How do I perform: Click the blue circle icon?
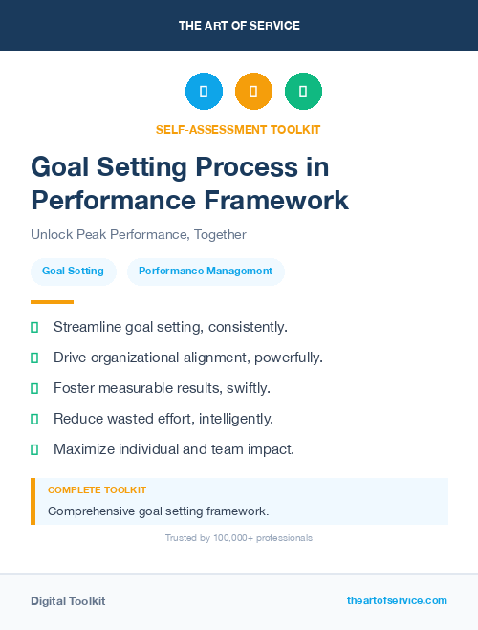tap(204, 92)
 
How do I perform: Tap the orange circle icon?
tap(253, 92)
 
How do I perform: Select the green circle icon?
tap(303, 92)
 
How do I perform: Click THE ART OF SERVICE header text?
tap(239, 26)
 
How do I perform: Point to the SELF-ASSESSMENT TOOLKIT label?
tap(238, 130)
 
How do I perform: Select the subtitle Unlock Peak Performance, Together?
tap(138, 234)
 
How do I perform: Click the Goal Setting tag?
tap(73, 272)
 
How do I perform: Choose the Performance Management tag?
tap(206, 272)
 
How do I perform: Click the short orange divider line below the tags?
tap(52, 302)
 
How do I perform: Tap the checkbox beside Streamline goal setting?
tap(34, 328)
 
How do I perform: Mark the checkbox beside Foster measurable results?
tap(34, 388)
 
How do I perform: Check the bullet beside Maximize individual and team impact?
tap(34, 449)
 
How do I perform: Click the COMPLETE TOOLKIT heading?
tap(97, 489)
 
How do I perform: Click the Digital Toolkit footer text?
tap(68, 601)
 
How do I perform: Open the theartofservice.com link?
tap(397, 600)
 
